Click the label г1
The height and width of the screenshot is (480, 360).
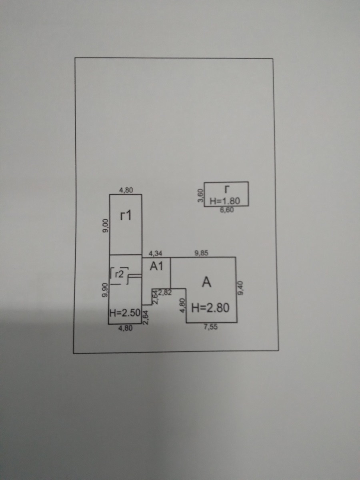126,216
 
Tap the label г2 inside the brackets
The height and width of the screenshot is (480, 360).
119,274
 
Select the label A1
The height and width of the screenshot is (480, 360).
156,266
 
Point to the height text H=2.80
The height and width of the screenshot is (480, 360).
210,308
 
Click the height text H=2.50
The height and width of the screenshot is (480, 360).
124,313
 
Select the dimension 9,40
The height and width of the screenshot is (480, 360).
241,287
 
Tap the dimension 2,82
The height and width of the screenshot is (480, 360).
165,292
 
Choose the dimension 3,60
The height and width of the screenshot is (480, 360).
201,196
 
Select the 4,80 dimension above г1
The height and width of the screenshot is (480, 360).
126,190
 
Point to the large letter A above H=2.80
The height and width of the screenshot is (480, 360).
206,282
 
